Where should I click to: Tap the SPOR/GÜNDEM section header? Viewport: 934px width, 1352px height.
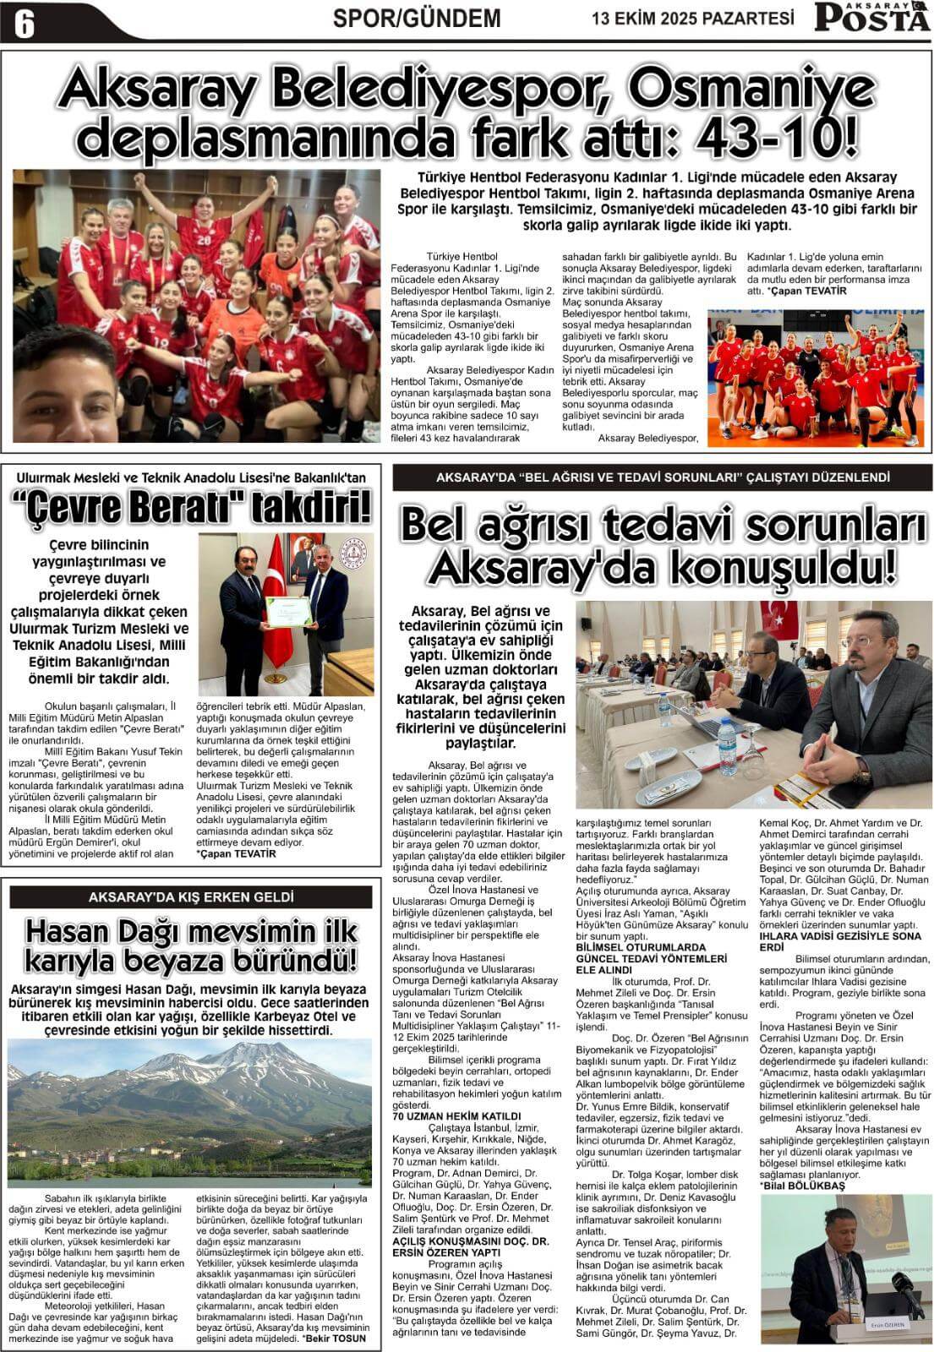coord(417,18)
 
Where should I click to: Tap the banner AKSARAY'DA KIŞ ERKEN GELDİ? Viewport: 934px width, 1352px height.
coord(191,897)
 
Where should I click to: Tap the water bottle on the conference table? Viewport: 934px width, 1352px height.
coord(726,745)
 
